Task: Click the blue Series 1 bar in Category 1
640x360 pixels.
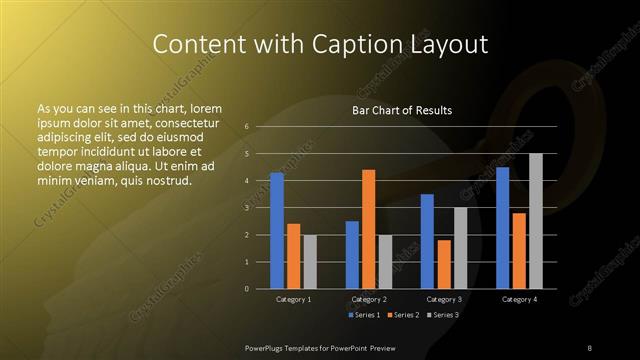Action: coord(277,230)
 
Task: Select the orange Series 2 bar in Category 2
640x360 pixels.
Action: coord(368,229)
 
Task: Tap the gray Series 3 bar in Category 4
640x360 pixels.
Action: coord(535,221)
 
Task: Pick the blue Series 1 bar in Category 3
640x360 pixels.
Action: coord(427,241)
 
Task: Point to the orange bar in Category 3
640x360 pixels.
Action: coord(444,264)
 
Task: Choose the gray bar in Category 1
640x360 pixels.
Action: coord(310,261)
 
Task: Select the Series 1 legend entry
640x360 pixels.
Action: coord(362,315)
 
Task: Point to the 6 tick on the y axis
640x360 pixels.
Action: coord(247,127)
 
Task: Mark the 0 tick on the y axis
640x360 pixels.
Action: coord(247,288)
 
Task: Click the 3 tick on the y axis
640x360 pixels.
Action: coord(247,208)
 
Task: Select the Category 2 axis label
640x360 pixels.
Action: coord(369,299)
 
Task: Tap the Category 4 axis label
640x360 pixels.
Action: coord(519,299)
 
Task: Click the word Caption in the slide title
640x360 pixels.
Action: coord(372,44)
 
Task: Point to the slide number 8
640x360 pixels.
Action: coord(590,347)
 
